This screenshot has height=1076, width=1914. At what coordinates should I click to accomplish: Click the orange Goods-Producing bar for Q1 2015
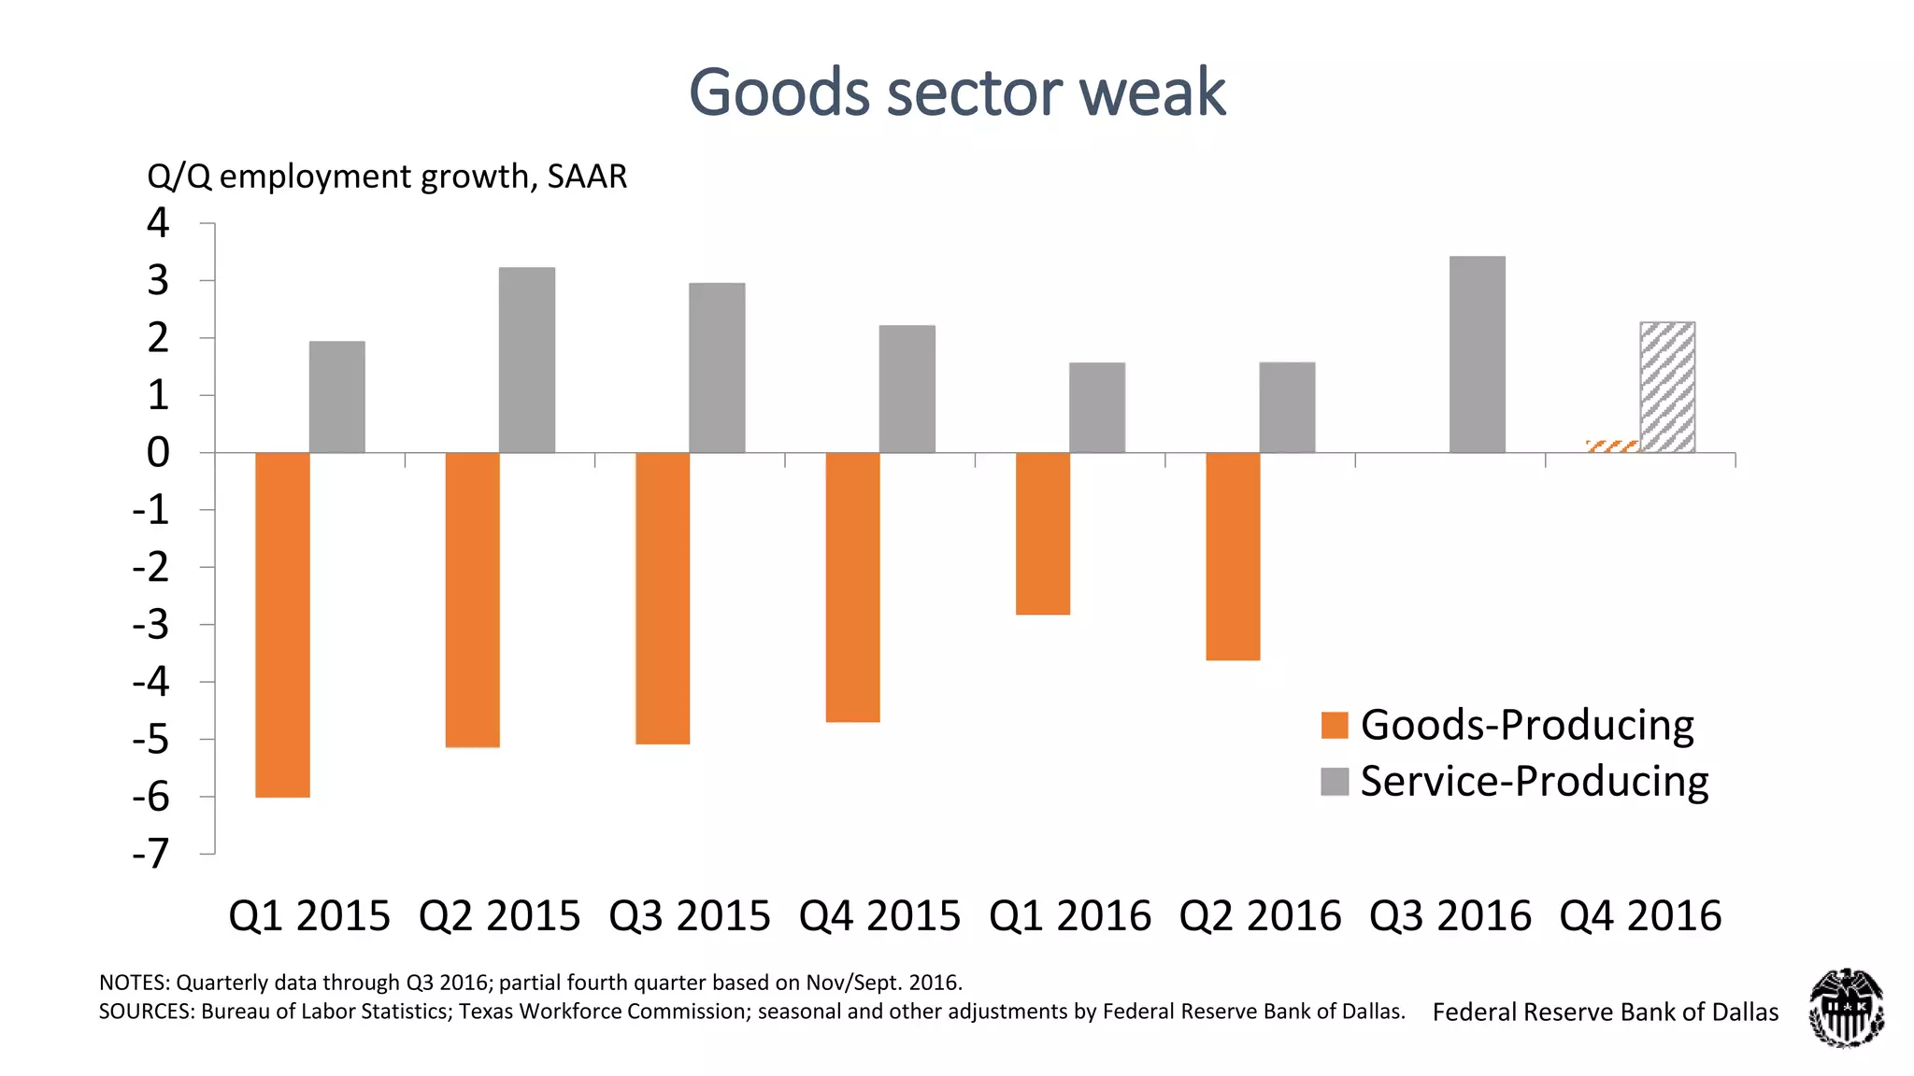(x=282, y=624)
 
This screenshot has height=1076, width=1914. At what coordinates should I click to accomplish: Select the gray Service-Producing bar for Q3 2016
(x=1477, y=355)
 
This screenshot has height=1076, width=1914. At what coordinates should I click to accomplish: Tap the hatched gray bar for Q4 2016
(x=1667, y=388)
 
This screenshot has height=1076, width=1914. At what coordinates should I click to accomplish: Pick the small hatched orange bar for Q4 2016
(x=1612, y=446)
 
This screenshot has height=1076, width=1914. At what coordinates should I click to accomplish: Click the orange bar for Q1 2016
(x=1042, y=533)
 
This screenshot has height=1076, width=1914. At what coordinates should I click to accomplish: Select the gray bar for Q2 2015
(x=526, y=361)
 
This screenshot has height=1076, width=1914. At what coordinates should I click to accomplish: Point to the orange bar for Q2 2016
(x=1233, y=557)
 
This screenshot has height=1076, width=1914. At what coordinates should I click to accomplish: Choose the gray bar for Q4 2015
(x=907, y=389)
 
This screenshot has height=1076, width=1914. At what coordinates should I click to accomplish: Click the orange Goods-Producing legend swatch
(x=1335, y=726)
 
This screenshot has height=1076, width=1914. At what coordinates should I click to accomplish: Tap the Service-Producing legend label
(x=1534, y=782)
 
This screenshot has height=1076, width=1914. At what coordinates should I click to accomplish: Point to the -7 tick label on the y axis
(x=150, y=854)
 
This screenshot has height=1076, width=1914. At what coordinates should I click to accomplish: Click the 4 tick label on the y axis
(x=158, y=223)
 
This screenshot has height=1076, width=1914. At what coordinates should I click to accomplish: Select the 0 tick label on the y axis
(x=158, y=453)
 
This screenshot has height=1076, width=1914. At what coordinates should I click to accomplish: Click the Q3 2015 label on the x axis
(x=690, y=916)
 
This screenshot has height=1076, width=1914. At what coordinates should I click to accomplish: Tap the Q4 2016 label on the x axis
(x=1640, y=916)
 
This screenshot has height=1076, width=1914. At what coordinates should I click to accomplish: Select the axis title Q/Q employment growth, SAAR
(x=387, y=177)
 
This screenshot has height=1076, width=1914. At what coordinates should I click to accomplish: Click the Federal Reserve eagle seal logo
(x=1846, y=1008)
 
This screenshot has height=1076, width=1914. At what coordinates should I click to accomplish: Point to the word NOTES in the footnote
(x=134, y=983)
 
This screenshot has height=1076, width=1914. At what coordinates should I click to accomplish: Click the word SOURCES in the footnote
(x=146, y=1012)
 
